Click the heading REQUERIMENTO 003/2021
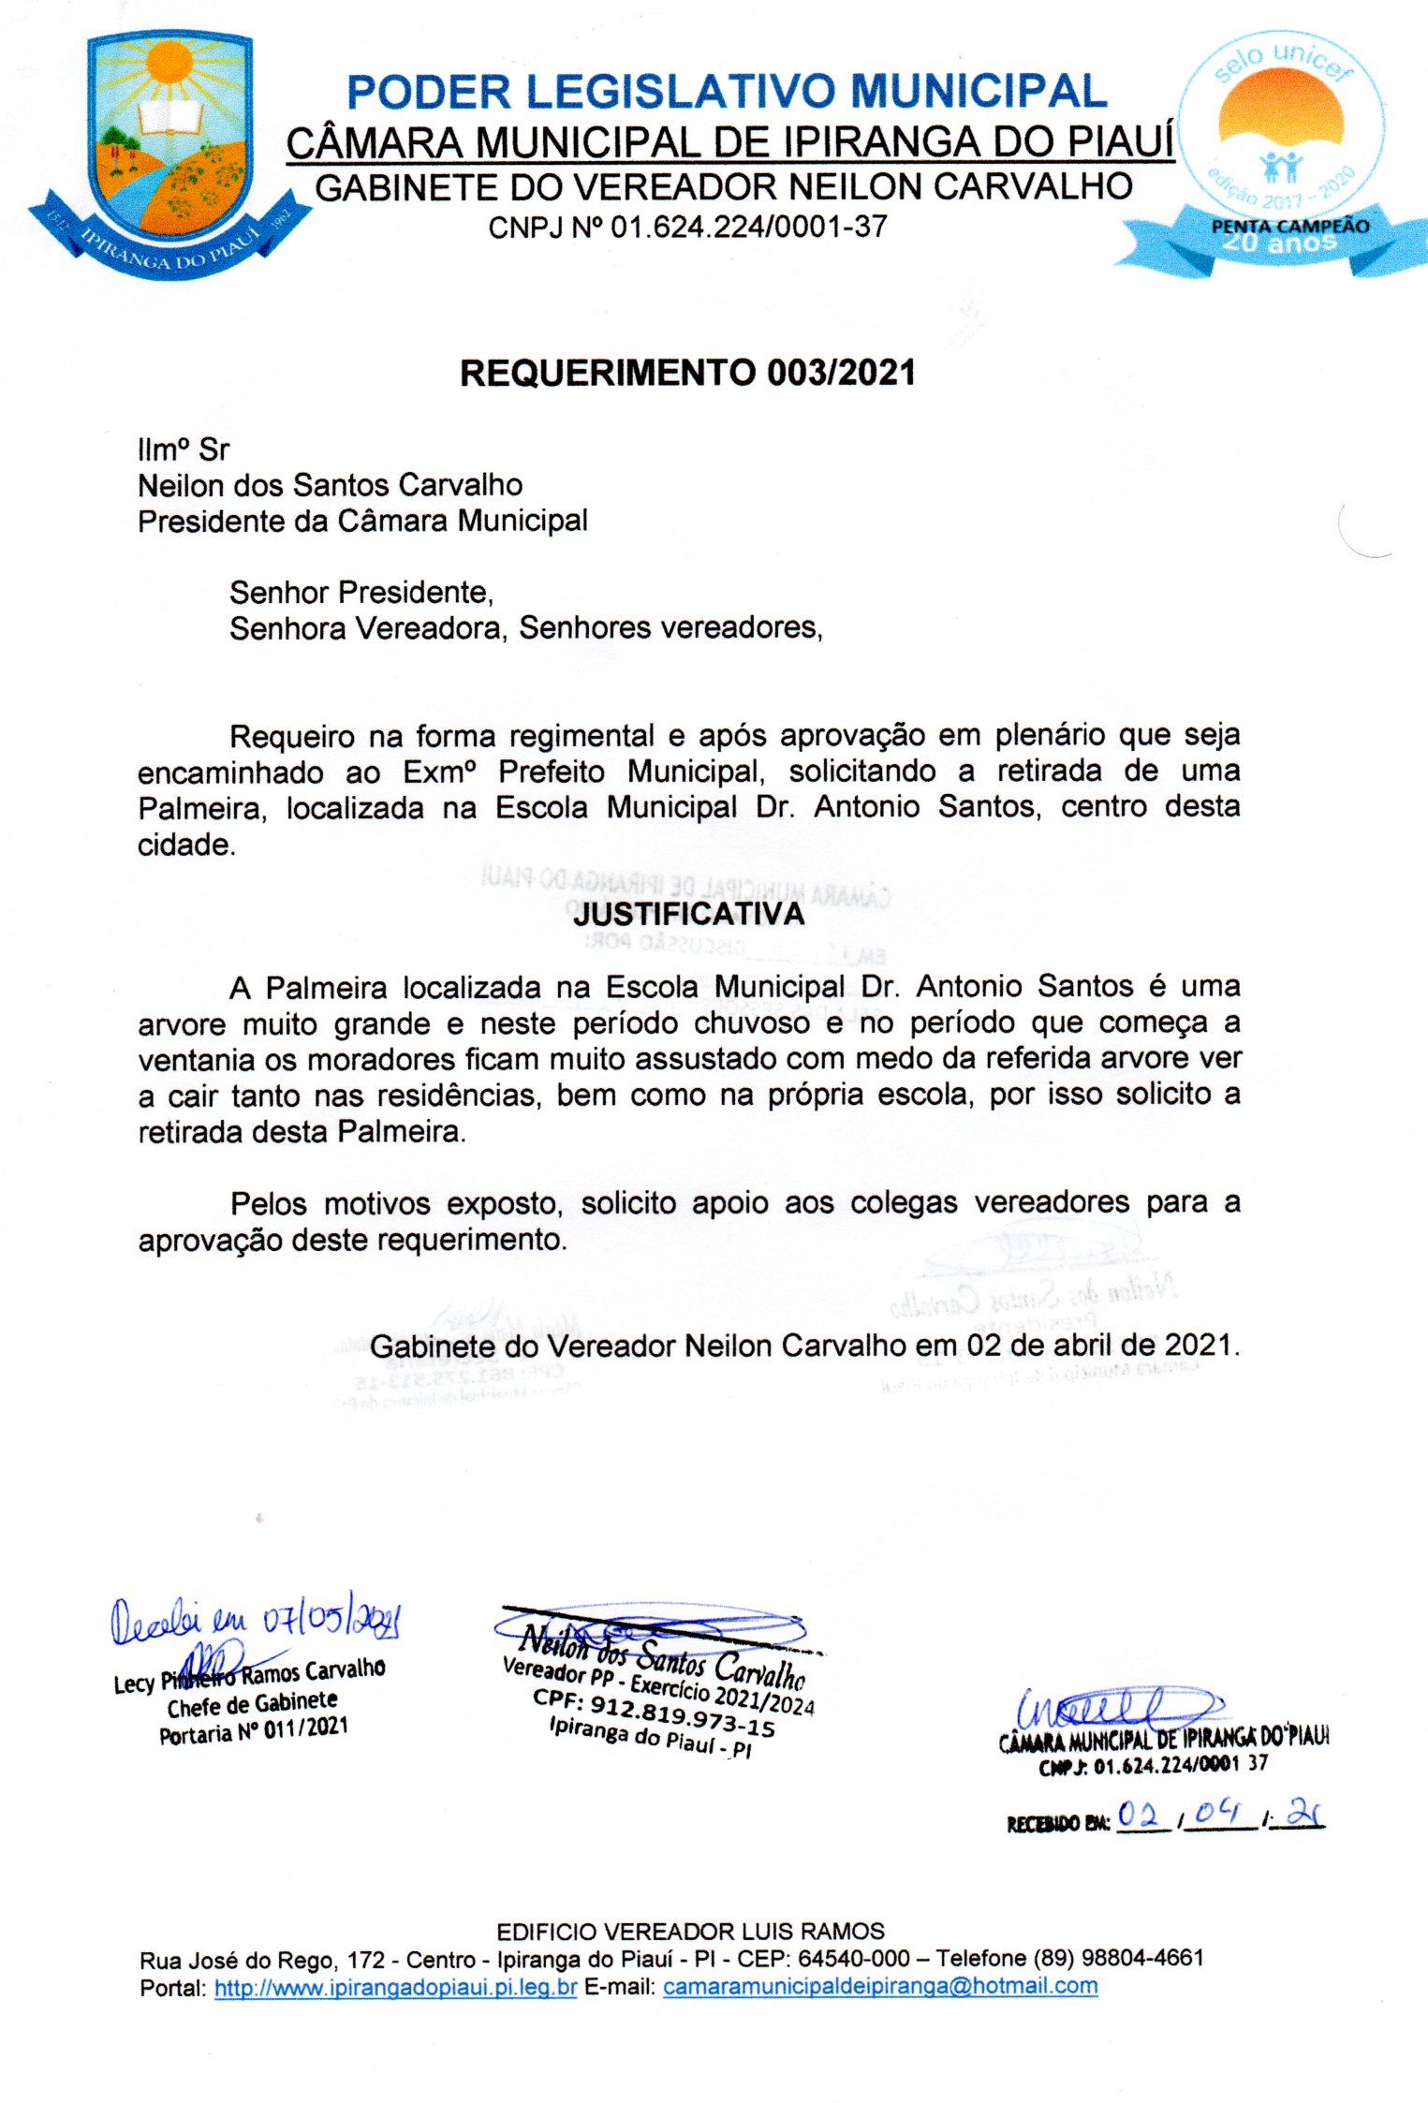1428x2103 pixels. click(x=687, y=373)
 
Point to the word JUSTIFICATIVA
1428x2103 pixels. click(x=689, y=914)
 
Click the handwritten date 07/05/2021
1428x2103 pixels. click(x=331, y=1619)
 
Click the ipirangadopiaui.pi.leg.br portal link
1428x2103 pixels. click(x=395, y=1986)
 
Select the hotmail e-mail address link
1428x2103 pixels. click(x=879, y=1986)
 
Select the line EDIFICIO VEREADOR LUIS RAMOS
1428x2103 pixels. click(x=690, y=1931)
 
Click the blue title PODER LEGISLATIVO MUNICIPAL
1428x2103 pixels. click(x=727, y=92)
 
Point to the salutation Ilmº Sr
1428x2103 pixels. click(x=184, y=449)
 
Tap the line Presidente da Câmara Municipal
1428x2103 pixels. click(x=362, y=521)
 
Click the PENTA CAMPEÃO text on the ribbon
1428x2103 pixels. click(x=1289, y=227)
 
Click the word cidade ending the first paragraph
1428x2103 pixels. click(x=184, y=845)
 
